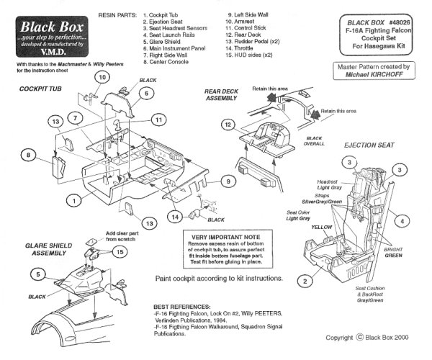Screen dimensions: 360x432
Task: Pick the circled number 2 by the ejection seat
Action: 305,280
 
